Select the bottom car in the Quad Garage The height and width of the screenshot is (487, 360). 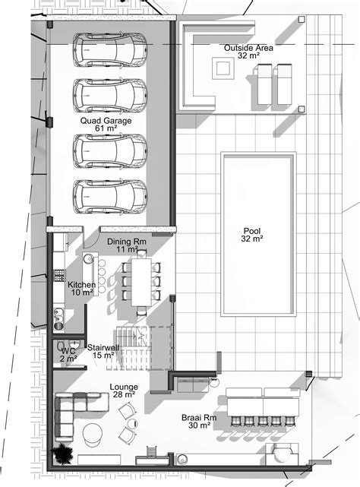109,195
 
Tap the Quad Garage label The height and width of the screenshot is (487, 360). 106,120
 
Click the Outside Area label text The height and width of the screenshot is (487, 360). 248,48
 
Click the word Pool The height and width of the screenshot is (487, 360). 252,231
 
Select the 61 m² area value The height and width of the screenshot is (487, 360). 106,128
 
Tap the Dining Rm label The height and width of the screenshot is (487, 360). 123,242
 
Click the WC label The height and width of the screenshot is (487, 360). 68,351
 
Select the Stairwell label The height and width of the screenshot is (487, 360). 103,346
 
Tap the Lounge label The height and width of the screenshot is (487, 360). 103,387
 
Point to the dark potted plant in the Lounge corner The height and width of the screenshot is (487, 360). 60,454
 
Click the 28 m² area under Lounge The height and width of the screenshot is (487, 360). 103,395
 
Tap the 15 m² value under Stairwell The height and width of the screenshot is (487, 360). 103,355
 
